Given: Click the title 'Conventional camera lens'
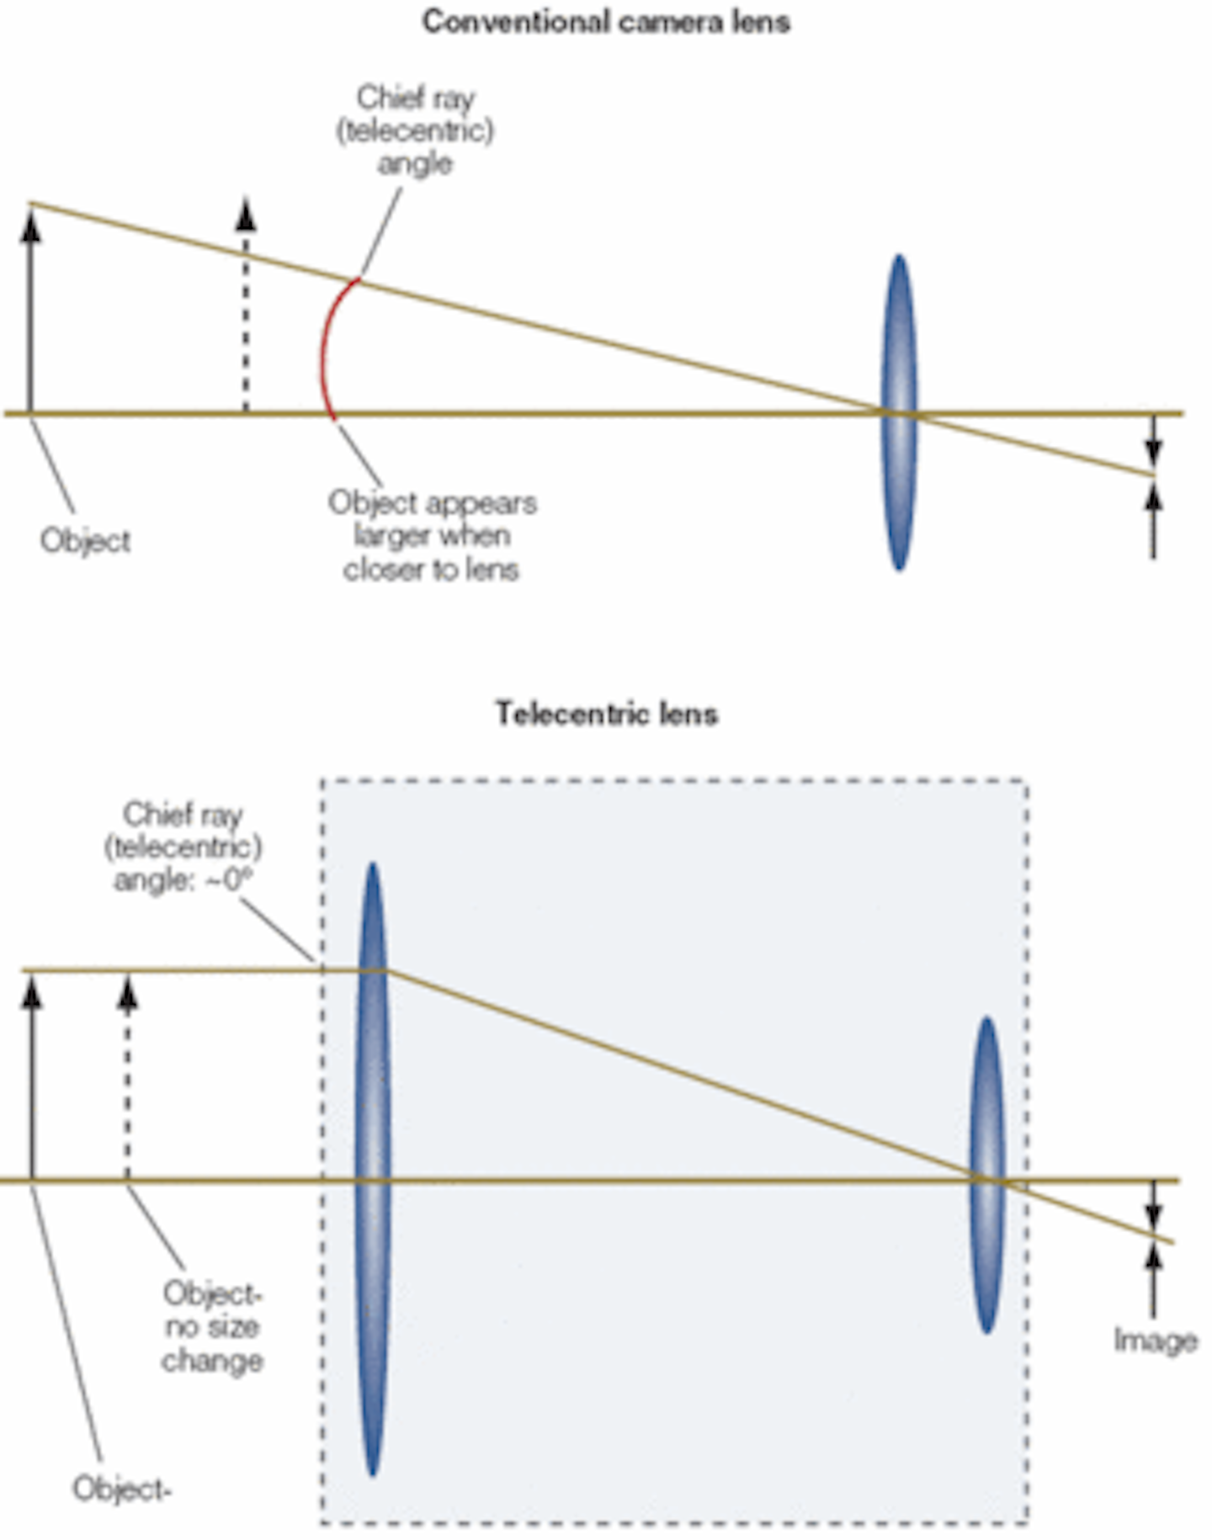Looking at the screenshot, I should (x=605, y=22).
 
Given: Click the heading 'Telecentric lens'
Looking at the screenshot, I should (x=606, y=714).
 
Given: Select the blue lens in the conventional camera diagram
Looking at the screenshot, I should (x=899, y=412).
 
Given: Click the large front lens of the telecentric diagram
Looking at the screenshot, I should (x=372, y=1170).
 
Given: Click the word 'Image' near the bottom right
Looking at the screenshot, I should (x=1155, y=1341).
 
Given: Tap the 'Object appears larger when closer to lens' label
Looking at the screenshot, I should (x=432, y=536).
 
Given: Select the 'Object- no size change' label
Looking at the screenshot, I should (x=212, y=1327).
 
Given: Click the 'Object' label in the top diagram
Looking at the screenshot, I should (x=85, y=540).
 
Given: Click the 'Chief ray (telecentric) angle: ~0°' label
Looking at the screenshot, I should (x=183, y=847).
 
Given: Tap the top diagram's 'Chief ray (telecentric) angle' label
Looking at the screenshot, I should (x=415, y=130).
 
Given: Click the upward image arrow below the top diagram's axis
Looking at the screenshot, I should (x=1154, y=522).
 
